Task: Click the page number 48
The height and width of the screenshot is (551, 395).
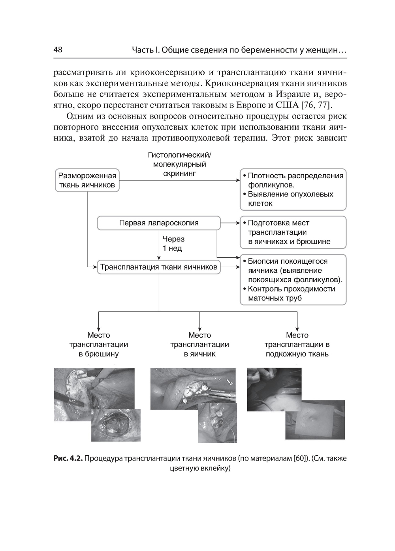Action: click(58, 50)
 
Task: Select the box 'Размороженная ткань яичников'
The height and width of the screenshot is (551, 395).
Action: click(87, 181)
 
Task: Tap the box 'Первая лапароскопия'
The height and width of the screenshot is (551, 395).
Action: click(158, 223)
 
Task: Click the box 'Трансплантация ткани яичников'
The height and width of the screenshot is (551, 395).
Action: click(158, 267)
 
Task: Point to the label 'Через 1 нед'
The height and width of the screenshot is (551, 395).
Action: click(173, 244)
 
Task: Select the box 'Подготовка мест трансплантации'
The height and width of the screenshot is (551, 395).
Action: click(293, 232)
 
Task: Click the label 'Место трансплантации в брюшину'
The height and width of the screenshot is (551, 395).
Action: click(98, 345)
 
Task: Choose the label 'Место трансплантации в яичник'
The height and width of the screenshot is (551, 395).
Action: click(199, 345)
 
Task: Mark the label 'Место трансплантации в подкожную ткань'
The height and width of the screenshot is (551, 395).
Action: click(297, 345)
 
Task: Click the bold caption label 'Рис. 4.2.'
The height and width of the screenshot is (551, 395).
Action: click(68, 459)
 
